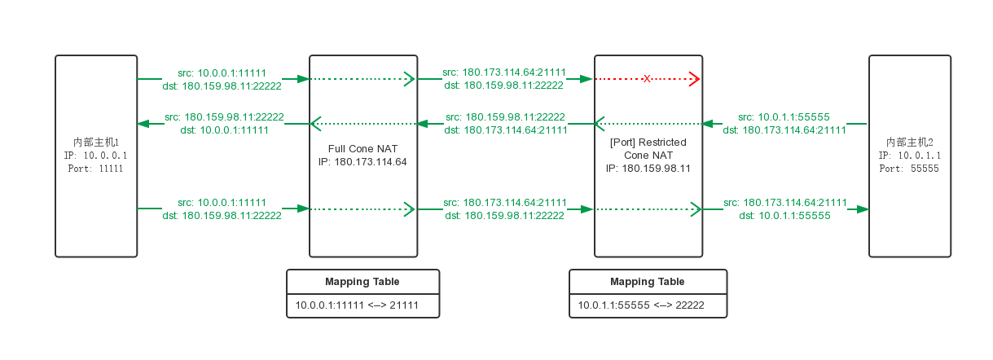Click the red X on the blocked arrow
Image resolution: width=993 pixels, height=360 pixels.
pyautogui.click(x=647, y=79)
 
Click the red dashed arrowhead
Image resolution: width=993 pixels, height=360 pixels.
pyautogui.click(x=695, y=79)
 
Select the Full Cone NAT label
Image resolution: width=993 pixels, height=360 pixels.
pyautogui.click(x=362, y=148)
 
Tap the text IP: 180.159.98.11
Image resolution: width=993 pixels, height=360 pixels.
pyautogui.click(x=648, y=169)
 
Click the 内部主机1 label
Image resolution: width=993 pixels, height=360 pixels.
pyautogui.click(x=96, y=143)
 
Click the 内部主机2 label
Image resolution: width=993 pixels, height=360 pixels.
pyautogui.click(x=910, y=143)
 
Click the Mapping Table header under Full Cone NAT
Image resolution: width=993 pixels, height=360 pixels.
pyautogui.click(x=363, y=282)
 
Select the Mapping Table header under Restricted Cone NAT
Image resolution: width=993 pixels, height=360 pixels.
pyautogui.click(x=648, y=282)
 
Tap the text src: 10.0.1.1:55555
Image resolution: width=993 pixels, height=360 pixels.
pyautogui.click(x=784, y=117)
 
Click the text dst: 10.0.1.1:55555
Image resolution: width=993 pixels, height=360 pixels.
pyautogui.click(x=784, y=216)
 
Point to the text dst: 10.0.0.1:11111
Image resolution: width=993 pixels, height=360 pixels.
pyautogui.click(x=224, y=130)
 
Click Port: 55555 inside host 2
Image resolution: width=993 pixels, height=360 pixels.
pyautogui.click(x=909, y=169)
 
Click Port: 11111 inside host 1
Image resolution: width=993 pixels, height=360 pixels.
pyautogui.click(x=95, y=169)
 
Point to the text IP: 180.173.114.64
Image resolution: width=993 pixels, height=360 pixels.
pyautogui.click(x=362, y=162)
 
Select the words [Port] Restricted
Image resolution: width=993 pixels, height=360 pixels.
pyautogui.click(x=648, y=143)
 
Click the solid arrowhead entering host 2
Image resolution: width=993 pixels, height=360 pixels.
pyautogui.click(x=863, y=209)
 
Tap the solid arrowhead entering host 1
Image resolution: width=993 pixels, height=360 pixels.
pyautogui.click(x=144, y=124)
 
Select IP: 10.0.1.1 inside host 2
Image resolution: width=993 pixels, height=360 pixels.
pyautogui.click(x=910, y=156)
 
